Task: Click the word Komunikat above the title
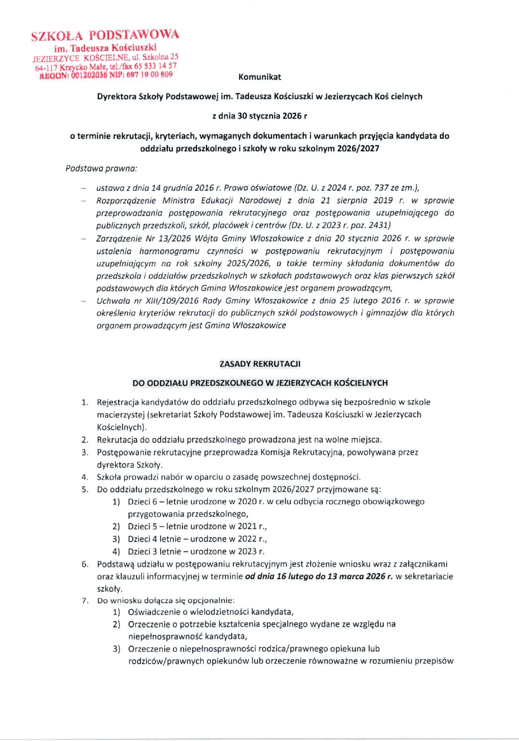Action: coord(259,77)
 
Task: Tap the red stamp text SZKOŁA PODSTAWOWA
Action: coord(105,36)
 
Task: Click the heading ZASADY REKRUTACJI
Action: coord(260,364)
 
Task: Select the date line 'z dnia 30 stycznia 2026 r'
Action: coord(259,116)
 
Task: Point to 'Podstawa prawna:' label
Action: coord(101,168)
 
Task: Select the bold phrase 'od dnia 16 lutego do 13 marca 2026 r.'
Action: coord(319,576)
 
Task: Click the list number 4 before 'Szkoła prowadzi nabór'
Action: coord(85,477)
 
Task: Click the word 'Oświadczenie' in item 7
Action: coord(153,612)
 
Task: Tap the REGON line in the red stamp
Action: coord(106,75)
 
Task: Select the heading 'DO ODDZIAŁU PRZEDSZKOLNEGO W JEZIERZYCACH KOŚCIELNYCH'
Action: coord(260,383)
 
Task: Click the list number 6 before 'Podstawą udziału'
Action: coord(85,564)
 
